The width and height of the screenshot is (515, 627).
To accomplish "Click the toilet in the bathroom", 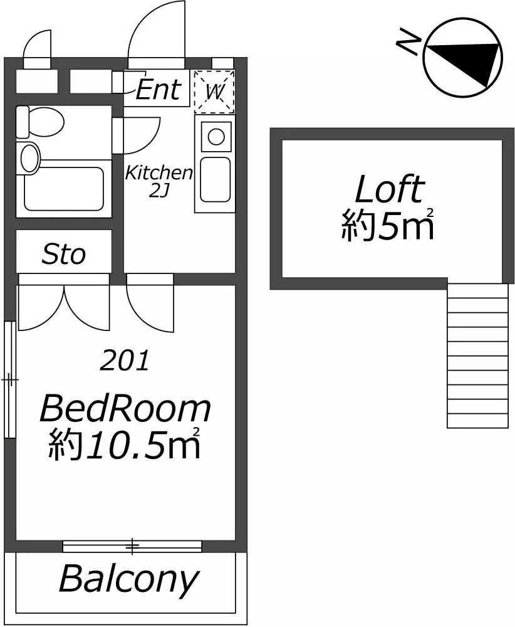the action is point(40,122).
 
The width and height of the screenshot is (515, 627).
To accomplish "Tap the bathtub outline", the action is point(65,188).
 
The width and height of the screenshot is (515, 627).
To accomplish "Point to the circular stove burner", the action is point(216,137).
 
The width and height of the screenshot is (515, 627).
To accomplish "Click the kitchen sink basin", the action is point(216,179).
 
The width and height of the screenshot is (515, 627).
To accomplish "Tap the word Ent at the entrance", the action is point(159,89).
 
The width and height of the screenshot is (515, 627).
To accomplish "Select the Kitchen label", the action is point(159,173).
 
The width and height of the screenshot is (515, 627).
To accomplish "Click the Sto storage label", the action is point(63,255).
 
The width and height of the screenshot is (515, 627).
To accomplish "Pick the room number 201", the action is point(124,361).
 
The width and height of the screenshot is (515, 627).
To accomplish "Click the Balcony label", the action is point(128,579).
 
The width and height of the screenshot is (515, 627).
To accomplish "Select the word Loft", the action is point(388,189).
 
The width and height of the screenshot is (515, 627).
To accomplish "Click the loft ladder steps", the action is point(477,356).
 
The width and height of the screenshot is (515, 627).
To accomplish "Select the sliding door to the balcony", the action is point(132,546).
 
